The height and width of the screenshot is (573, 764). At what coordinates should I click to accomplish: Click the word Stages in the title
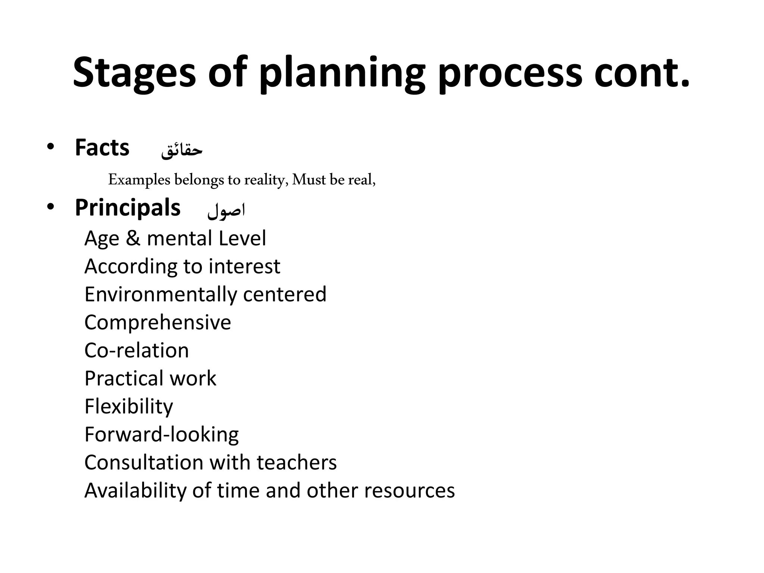[x=134, y=73]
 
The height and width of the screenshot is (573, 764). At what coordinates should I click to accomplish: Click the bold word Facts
[x=102, y=148]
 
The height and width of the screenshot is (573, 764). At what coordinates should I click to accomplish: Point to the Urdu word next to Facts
[x=182, y=150]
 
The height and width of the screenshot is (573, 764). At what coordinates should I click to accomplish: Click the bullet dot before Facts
[x=50, y=147]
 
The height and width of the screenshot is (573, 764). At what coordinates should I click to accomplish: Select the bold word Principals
[x=128, y=208]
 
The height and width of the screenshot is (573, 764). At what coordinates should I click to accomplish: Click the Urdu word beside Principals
[x=226, y=210]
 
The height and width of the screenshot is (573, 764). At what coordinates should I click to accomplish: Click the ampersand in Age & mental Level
[x=133, y=238]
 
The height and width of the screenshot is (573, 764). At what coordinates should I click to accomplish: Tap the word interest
[x=244, y=266]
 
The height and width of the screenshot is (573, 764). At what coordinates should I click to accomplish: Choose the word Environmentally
[x=160, y=294]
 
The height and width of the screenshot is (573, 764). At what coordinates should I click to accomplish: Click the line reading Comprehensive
[x=157, y=322]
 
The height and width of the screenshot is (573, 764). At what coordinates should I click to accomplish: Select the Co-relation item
[x=137, y=350]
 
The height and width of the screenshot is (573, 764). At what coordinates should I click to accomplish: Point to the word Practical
[x=124, y=378]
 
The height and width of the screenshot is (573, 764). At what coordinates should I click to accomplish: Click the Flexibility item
[x=129, y=406]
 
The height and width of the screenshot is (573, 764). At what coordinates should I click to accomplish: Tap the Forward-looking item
[x=162, y=434]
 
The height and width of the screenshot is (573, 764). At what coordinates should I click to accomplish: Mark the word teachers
[x=297, y=462]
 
